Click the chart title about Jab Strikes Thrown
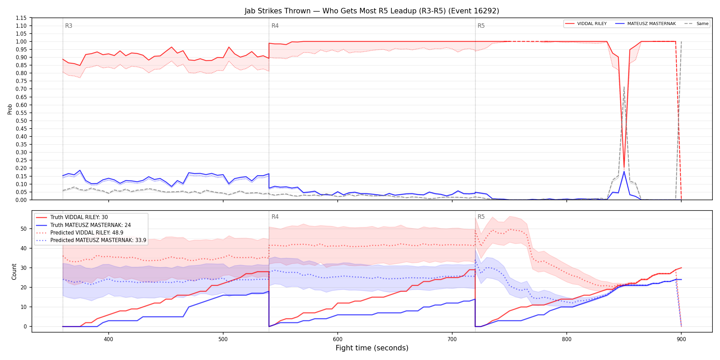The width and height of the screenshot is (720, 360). [x=372, y=11]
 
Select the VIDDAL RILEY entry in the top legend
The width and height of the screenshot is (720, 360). [x=586, y=24]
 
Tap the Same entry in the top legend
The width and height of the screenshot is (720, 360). [x=696, y=24]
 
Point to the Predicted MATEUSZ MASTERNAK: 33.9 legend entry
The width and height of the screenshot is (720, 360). [x=91, y=240]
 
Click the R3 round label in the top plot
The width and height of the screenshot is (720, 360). [x=69, y=26]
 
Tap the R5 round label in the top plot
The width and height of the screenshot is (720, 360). [x=481, y=26]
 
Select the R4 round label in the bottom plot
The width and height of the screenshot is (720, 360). [x=275, y=217]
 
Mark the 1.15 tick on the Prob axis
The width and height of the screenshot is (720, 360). [x=21, y=18]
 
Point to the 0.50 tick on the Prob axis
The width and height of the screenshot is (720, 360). [x=21, y=121]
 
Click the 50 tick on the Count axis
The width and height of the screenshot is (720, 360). [x=24, y=229]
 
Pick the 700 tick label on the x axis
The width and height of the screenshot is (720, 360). [x=452, y=339]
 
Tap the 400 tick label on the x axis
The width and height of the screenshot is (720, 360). [x=109, y=339]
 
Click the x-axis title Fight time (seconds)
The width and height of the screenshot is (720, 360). [x=372, y=348]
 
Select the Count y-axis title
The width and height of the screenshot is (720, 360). [x=14, y=272]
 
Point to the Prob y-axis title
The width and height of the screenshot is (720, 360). [x=10, y=109]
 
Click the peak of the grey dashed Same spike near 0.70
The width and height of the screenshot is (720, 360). [x=624, y=87]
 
